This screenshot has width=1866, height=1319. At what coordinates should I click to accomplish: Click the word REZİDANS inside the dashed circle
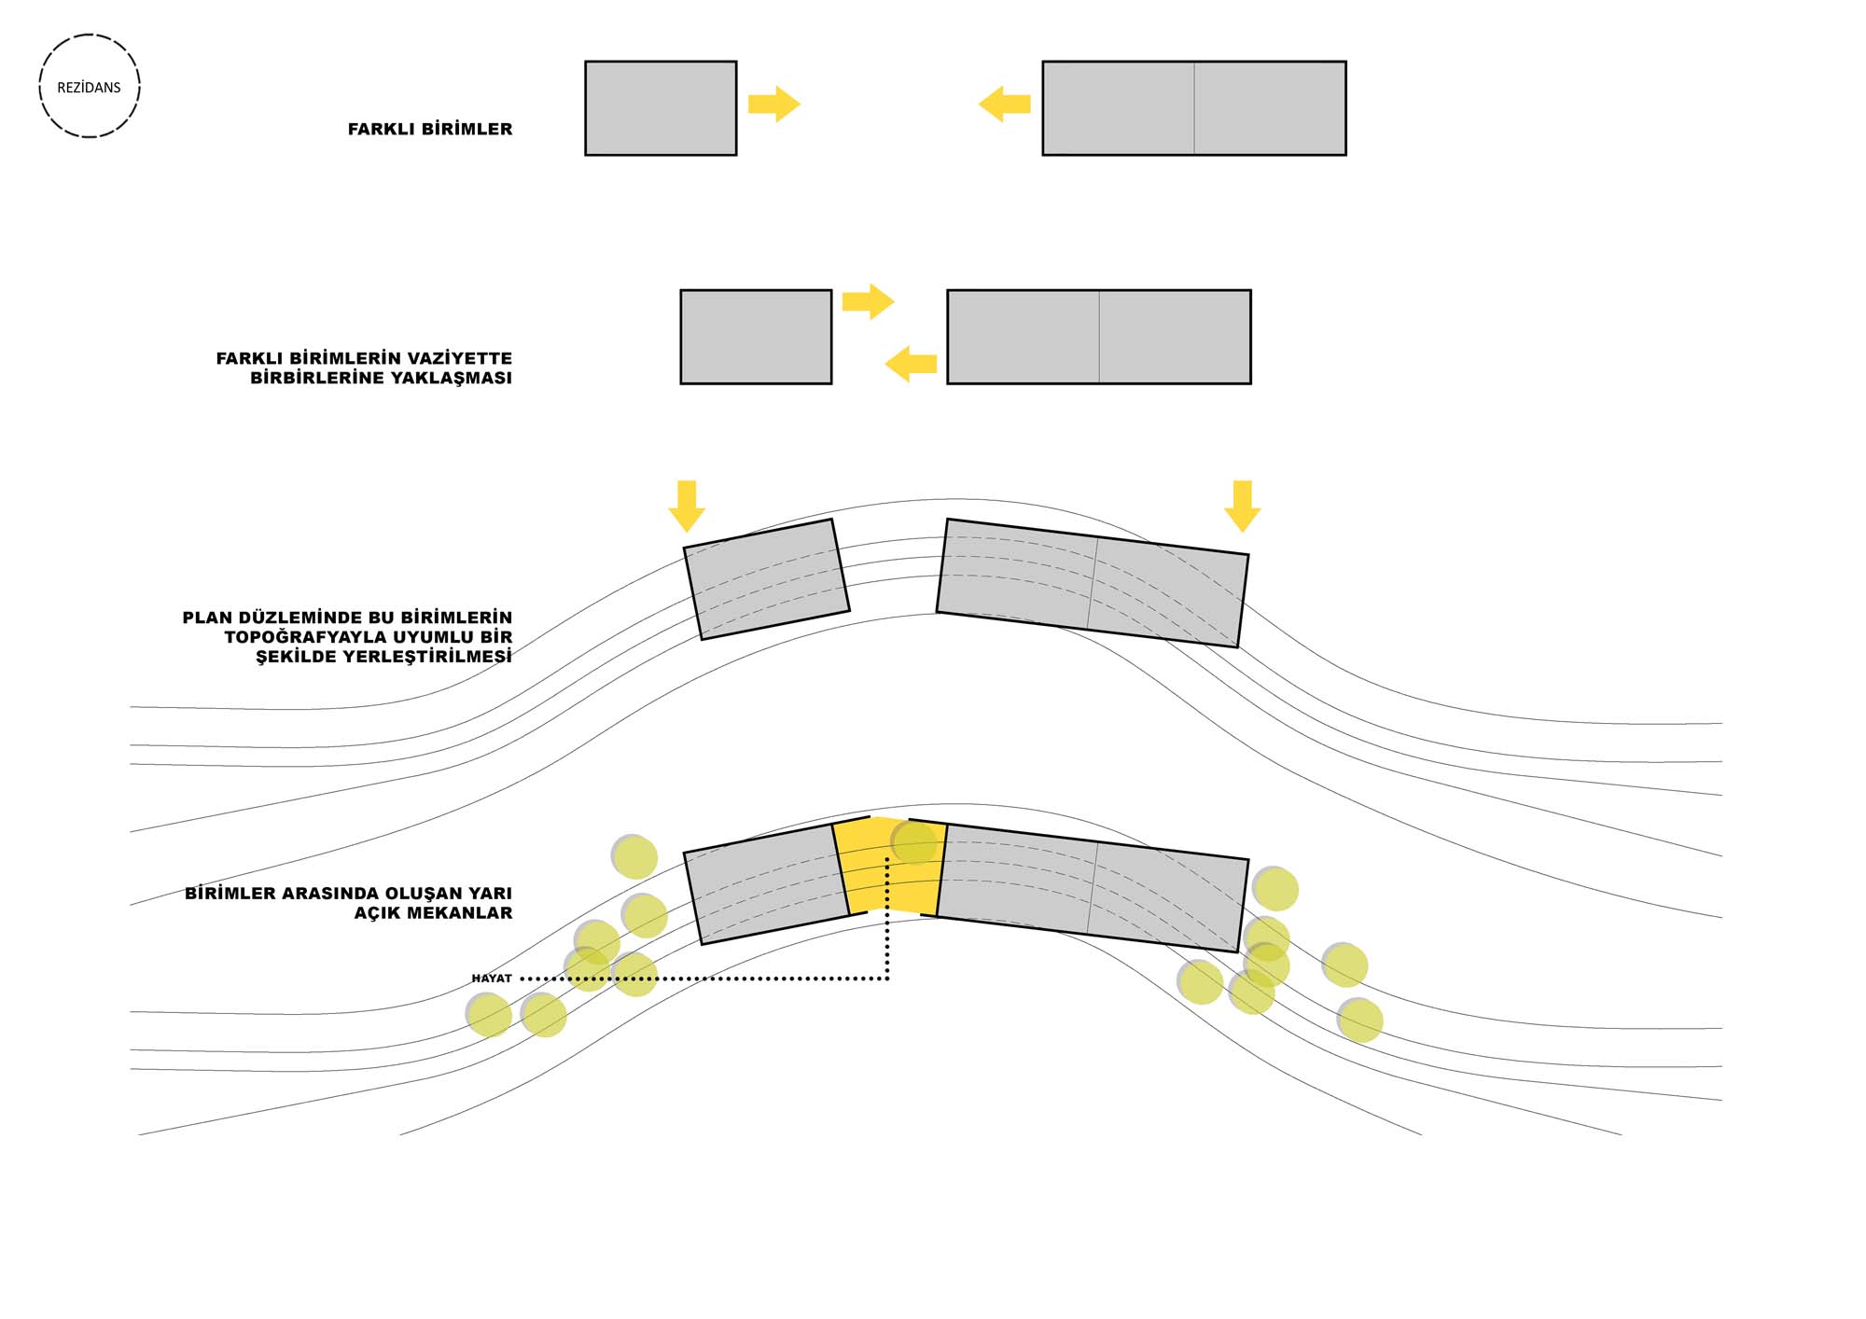tap(89, 88)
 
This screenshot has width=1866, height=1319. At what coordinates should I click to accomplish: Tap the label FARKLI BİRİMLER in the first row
tap(429, 130)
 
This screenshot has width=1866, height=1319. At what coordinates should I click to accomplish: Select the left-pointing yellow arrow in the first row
tap(1004, 104)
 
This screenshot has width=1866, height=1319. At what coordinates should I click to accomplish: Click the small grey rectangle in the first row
tap(661, 108)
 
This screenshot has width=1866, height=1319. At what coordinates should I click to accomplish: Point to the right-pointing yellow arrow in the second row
tap(868, 301)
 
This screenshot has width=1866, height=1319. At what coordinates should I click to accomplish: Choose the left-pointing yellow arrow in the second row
tap(911, 364)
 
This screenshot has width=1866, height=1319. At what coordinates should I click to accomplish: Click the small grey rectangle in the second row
tap(756, 337)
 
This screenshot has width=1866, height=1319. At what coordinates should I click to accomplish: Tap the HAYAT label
tap(492, 979)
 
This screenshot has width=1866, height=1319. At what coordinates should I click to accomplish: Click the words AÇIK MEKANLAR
tap(433, 913)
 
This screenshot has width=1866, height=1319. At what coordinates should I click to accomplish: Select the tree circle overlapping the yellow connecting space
tap(913, 842)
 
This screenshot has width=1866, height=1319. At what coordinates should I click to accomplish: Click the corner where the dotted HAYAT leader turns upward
tap(887, 979)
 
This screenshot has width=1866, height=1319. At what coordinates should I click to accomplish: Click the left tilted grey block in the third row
tap(766, 579)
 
